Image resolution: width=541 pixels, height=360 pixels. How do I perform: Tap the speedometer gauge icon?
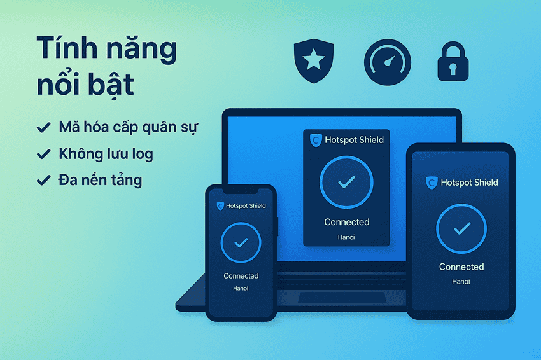point(388,63)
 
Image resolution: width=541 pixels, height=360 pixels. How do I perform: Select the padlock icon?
point(453,62)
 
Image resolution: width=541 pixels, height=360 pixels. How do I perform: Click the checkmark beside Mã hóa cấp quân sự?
point(44,128)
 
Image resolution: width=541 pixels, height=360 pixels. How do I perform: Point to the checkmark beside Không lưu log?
point(44,154)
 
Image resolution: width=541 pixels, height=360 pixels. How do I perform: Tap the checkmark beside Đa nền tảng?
point(44,181)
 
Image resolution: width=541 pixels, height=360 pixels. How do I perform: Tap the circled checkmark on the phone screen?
point(241,243)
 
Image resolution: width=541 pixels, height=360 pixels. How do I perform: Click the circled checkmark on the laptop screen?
point(346,182)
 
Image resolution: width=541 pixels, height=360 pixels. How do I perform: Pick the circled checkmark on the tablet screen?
point(461,228)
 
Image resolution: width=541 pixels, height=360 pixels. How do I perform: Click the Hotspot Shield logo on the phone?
point(220,206)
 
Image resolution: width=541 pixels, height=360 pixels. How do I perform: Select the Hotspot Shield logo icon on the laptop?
point(315,140)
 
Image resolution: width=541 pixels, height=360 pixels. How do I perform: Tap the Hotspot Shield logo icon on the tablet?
point(432,183)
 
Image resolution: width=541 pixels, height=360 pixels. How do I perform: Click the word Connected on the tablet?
point(461,267)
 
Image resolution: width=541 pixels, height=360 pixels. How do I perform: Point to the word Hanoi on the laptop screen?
point(346,237)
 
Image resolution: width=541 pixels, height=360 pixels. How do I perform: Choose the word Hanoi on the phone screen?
point(241,288)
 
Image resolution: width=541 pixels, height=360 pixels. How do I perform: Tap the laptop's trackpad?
point(328,298)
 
